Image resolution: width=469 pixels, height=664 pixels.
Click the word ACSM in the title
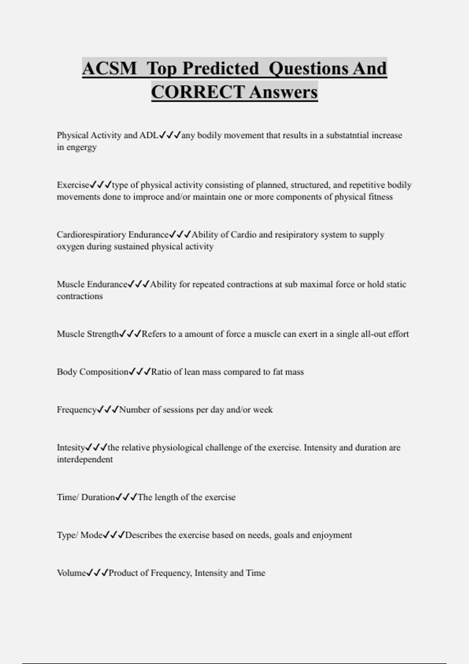click(109, 68)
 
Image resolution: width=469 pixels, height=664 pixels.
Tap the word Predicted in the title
click(220, 68)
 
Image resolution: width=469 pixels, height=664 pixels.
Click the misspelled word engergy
click(82, 148)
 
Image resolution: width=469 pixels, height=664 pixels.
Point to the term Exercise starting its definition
click(73, 185)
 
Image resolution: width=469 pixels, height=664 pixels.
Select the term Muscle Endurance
click(92, 284)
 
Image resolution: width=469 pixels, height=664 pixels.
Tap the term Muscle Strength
click(88, 334)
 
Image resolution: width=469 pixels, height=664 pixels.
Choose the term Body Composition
click(92, 372)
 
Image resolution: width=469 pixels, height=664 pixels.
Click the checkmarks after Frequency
click(107, 410)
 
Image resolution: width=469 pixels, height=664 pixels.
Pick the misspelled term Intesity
click(71, 448)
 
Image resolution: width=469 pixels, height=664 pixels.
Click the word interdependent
click(84, 459)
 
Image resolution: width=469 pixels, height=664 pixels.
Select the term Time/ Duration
click(86, 497)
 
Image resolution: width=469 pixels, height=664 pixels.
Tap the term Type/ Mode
click(80, 535)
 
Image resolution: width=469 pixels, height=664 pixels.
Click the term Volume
click(71, 573)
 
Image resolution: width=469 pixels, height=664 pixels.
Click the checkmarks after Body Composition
click(140, 372)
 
